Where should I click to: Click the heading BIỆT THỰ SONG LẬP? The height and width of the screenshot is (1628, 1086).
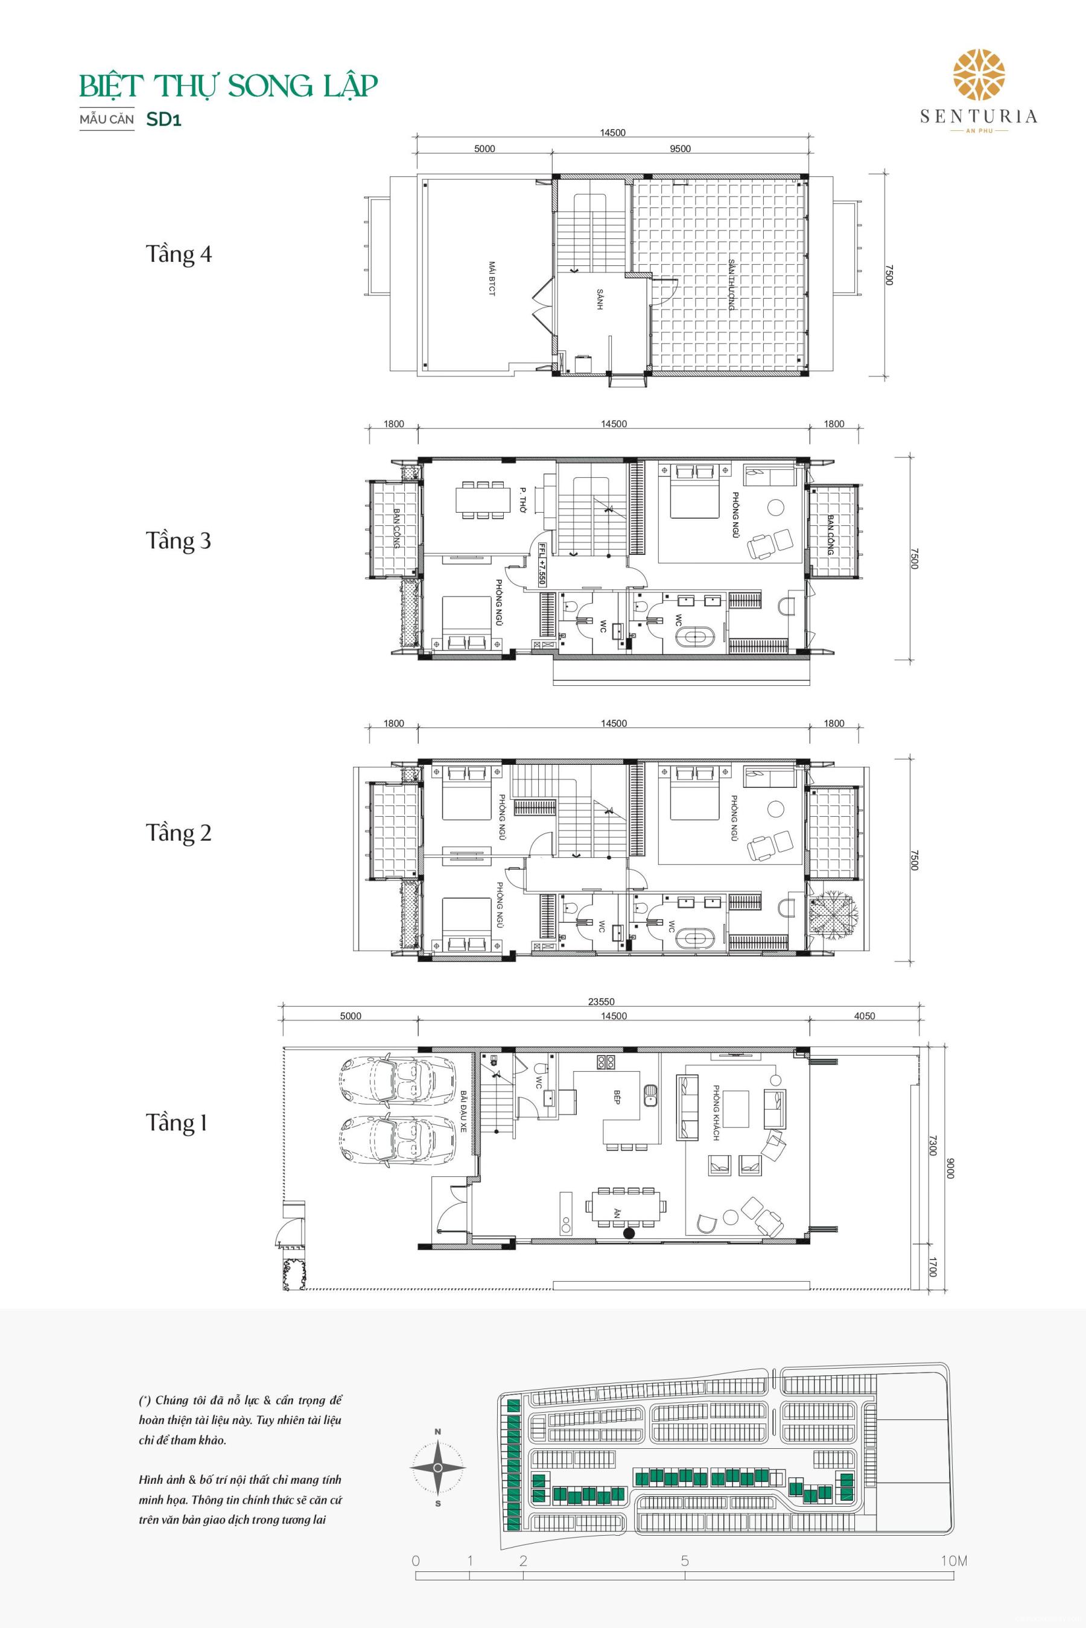tap(229, 87)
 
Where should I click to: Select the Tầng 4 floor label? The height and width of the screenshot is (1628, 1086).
tap(178, 254)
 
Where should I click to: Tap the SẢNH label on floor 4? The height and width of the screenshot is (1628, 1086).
tap(600, 299)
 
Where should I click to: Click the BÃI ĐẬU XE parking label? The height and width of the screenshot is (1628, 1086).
tap(463, 1112)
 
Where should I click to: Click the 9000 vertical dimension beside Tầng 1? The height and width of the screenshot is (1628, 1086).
tap(950, 1170)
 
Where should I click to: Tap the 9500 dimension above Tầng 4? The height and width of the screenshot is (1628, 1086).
tap(680, 148)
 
